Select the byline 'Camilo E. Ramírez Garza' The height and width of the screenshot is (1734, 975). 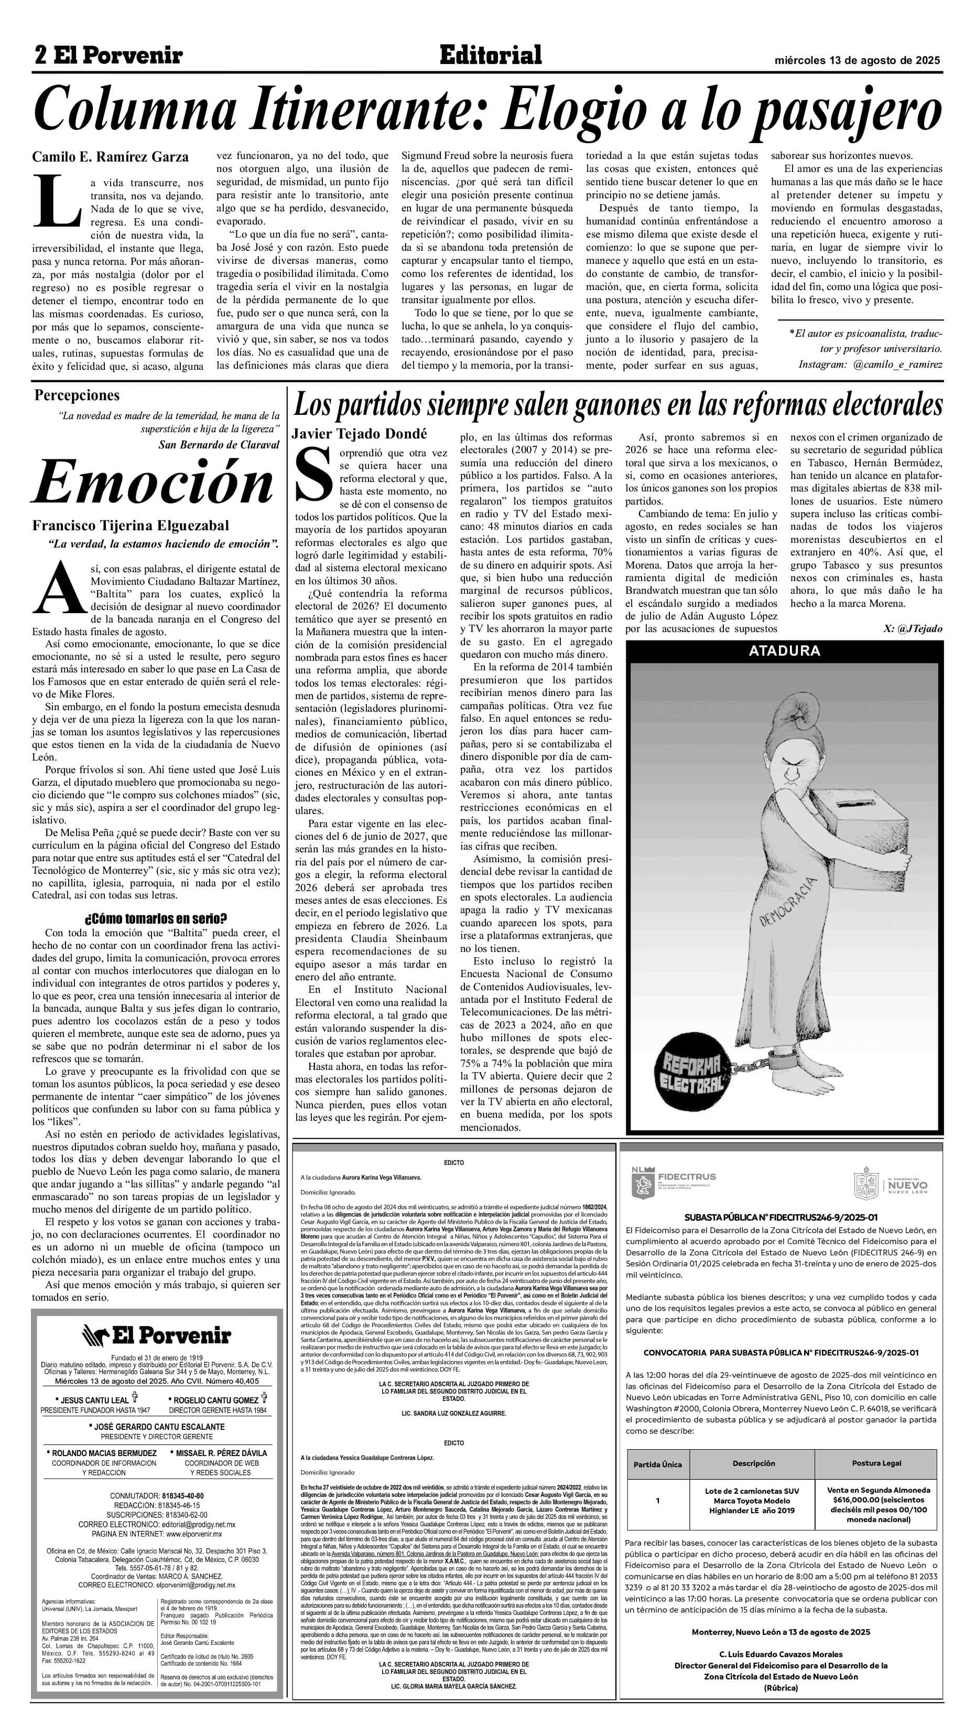click(111, 157)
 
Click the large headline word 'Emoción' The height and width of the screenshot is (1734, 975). click(152, 483)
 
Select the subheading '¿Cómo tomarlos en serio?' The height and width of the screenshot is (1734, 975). click(156, 918)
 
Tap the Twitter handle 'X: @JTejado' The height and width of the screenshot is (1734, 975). click(913, 628)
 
